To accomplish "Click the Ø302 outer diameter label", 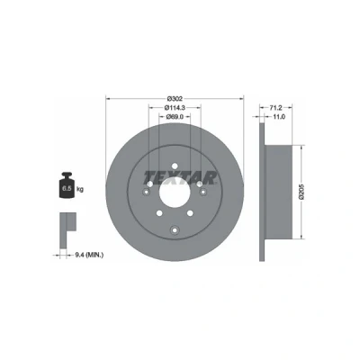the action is point(175,98).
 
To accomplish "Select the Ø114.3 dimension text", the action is point(175,107).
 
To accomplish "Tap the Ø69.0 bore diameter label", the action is point(175,116).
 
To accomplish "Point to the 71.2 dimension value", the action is point(275,107).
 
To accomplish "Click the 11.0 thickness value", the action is point(279,116).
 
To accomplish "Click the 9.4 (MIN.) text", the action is point(89,255).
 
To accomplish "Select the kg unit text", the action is point(80,189).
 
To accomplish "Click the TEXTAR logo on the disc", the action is point(180,177).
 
